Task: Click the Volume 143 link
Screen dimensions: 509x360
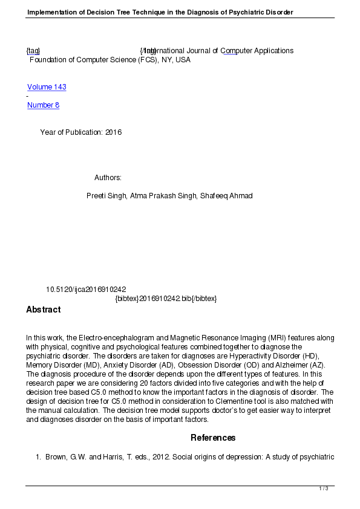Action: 47,87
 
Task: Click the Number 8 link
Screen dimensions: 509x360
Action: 43,105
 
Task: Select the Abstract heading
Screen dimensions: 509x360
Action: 43,310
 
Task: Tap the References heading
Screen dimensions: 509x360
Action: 213,438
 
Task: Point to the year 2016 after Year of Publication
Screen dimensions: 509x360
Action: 113,132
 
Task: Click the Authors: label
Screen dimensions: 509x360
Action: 108,178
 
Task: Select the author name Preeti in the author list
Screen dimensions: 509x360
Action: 97,196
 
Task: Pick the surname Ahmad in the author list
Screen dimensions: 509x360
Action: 241,196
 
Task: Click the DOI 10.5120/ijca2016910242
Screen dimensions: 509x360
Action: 86,290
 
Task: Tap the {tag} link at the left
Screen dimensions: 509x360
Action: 33,51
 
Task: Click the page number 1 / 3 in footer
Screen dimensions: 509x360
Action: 324,488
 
